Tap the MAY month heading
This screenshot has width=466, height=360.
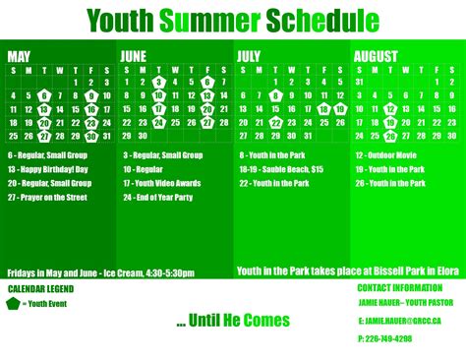pyautogui.click(x=19, y=56)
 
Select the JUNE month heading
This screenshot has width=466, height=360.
pyautogui.click(x=134, y=56)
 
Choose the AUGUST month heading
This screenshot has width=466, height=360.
pyautogui.click(x=378, y=56)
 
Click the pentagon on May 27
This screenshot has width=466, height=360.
pyautogui.click(x=43, y=136)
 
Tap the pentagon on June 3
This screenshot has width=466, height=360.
pyautogui.click(x=158, y=83)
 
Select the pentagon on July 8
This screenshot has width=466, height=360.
pyautogui.click(x=275, y=95)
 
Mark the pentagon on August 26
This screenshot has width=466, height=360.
pyautogui.click(x=390, y=136)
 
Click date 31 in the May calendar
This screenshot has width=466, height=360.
pyautogui.click(x=106, y=136)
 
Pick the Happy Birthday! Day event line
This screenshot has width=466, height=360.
pyautogui.click(x=49, y=169)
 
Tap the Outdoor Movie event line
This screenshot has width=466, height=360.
pyautogui.click(x=393, y=155)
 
